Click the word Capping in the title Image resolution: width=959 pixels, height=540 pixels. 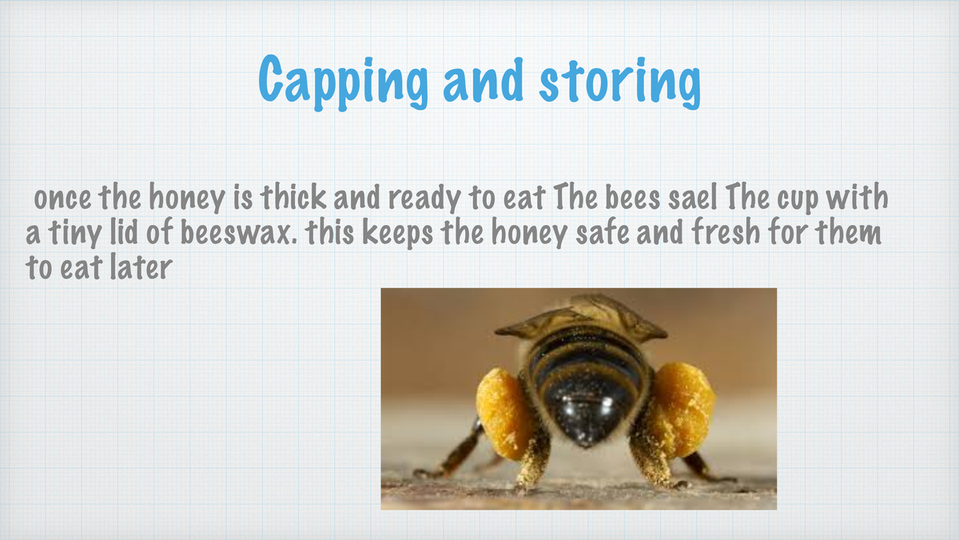[343, 82]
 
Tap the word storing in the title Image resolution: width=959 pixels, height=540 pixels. [620, 82]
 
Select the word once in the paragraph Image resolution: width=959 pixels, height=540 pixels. [62, 199]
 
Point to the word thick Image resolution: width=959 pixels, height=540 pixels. [293, 197]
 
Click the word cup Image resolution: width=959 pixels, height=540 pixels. [798, 200]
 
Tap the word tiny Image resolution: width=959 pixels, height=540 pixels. [74, 234]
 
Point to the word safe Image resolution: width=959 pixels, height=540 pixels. [603, 232]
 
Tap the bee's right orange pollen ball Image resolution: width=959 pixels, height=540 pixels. [682, 410]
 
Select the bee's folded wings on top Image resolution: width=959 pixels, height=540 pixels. [582, 316]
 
